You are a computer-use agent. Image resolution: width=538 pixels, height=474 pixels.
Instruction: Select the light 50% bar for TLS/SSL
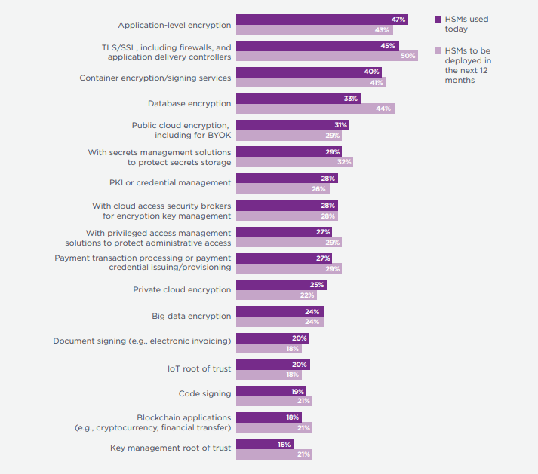tap(326, 56)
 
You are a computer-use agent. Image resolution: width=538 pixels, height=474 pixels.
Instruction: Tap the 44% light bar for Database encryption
tap(315, 109)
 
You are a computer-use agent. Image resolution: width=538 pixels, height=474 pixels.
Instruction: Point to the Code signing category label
tap(204, 393)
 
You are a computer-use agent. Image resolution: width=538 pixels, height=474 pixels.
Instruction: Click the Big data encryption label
tap(191, 316)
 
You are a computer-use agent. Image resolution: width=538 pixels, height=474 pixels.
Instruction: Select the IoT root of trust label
tap(199, 369)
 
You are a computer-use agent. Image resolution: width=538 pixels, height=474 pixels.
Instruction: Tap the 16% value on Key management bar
tap(284, 445)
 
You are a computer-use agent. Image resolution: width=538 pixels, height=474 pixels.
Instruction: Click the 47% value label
tap(398, 19)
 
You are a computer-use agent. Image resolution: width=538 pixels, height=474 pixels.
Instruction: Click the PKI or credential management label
tap(170, 182)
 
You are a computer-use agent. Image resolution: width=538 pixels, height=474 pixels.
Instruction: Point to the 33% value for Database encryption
tap(351, 99)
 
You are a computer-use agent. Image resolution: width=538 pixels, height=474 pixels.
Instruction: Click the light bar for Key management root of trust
tap(273, 454)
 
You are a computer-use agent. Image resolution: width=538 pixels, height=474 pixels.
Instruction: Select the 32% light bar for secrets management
tap(294, 162)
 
